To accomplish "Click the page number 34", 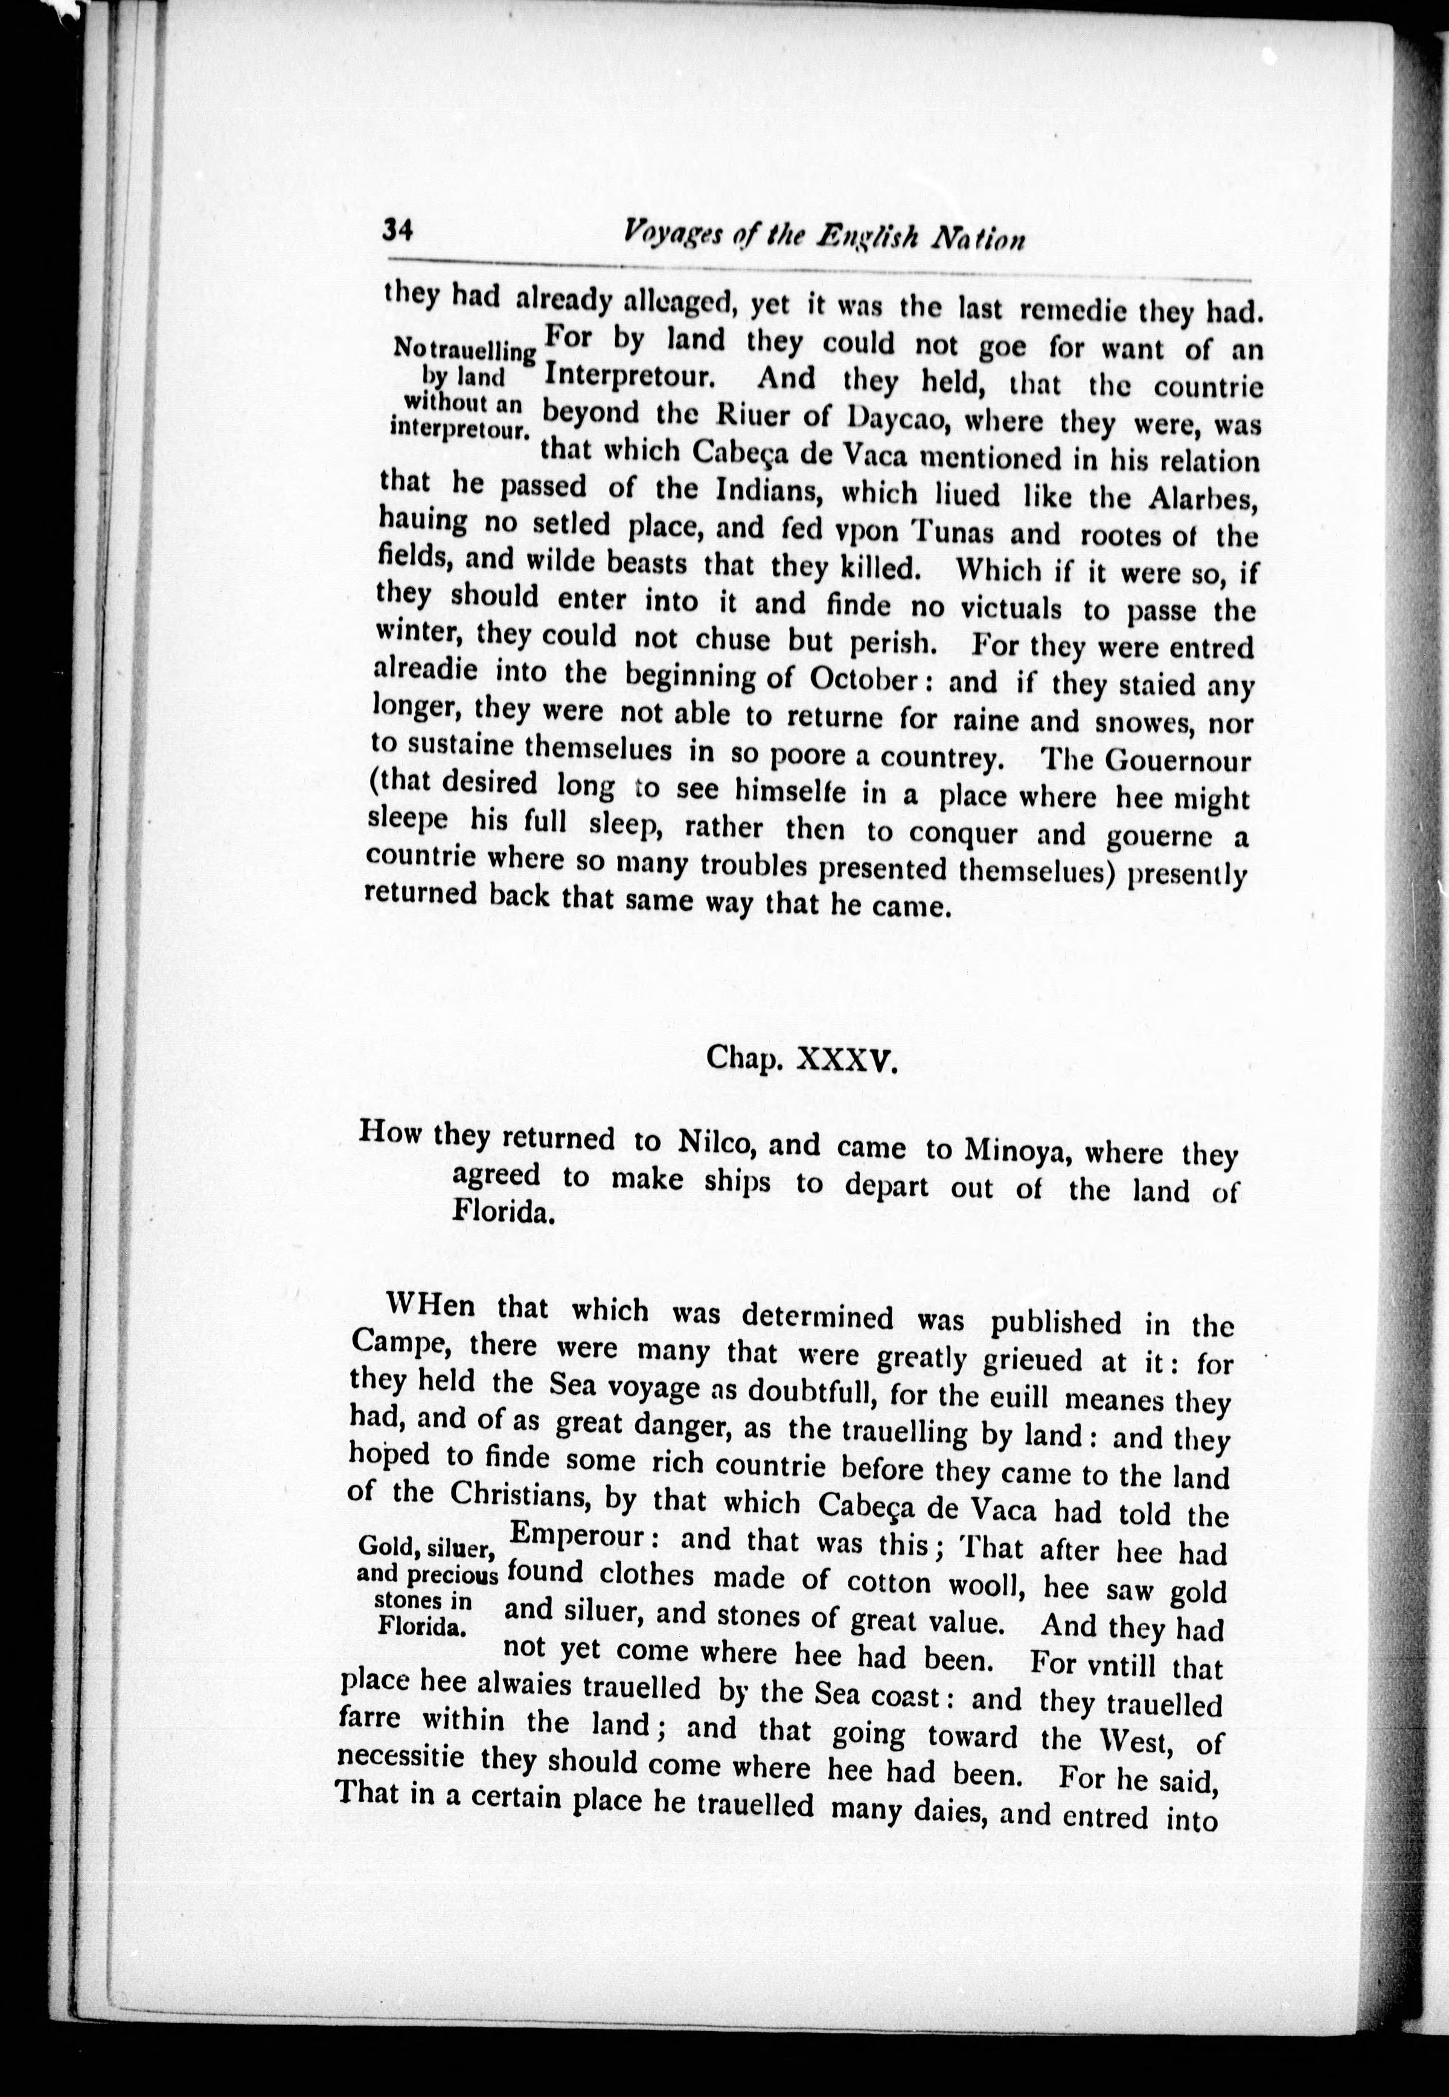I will [398, 230].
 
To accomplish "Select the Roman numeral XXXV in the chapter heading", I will [846, 1058].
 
